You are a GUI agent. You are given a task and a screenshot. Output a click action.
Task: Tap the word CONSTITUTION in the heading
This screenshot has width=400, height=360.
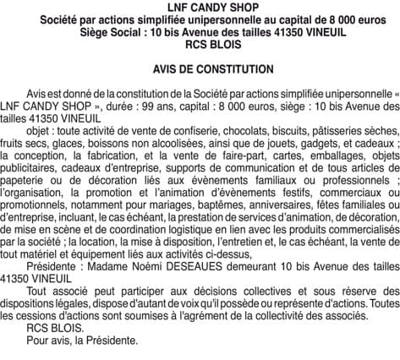(230, 68)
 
